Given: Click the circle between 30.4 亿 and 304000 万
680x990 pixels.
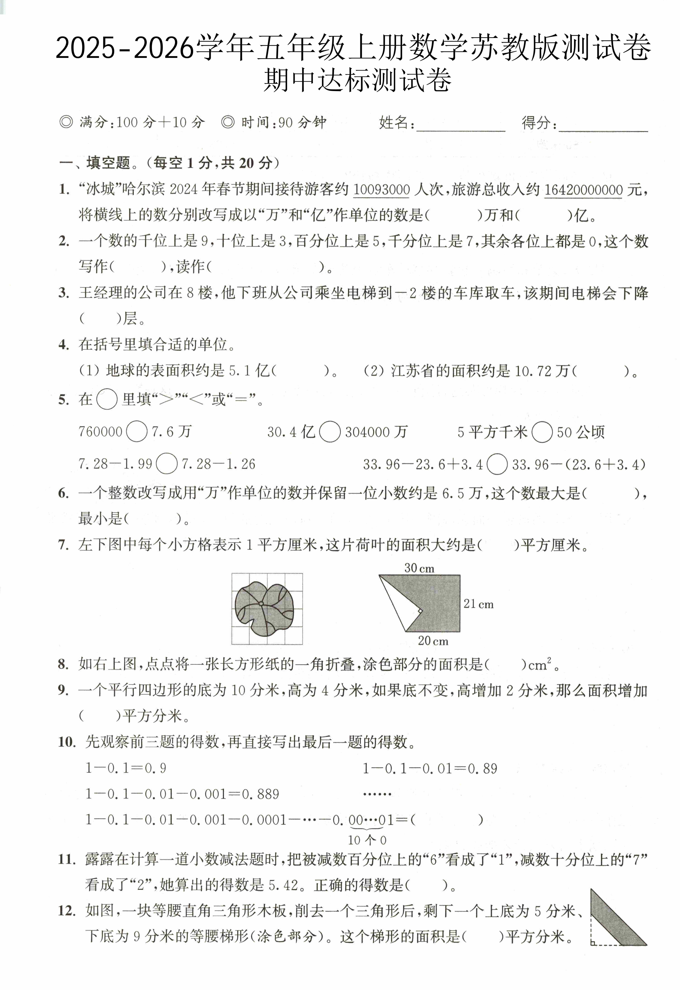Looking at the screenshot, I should coord(329,432).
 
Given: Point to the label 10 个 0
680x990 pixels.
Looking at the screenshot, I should coord(367,840).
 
